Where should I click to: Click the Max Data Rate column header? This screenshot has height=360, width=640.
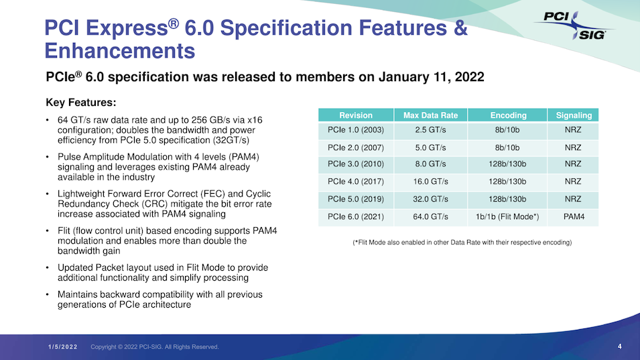pyautogui.click(x=430, y=115)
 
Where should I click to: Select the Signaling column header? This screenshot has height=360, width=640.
pyautogui.click(x=573, y=115)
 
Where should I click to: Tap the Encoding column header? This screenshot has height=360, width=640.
pyautogui.click(x=508, y=115)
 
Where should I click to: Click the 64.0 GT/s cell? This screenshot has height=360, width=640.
pyautogui.click(x=430, y=217)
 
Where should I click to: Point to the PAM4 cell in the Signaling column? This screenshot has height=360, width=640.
pyautogui.click(x=573, y=217)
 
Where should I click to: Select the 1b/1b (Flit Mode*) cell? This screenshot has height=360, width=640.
pyautogui.click(x=508, y=217)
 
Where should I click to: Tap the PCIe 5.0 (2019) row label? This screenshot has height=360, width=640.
pyautogui.click(x=356, y=200)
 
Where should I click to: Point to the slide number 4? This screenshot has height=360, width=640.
pyautogui.click(x=620, y=346)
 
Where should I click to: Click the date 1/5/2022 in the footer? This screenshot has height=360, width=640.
pyautogui.click(x=63, y=347)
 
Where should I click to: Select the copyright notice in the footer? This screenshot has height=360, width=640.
pyautogui.click(x=155, y=347)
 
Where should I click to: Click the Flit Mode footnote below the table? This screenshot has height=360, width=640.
pyautogui.click(x=462, y=242)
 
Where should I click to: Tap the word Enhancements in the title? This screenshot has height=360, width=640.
pyautogui.click(x=119, y=50)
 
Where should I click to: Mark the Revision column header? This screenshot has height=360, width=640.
pyautogui.click(x=356, y=115)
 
